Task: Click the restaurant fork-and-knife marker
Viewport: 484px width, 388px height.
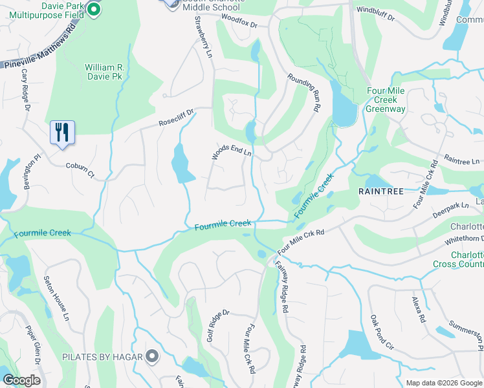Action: (62, 133)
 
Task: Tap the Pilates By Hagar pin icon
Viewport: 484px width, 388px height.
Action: (152, 356)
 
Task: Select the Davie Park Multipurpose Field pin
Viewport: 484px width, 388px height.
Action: (93, 10)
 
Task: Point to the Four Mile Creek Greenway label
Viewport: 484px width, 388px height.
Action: (386, 100)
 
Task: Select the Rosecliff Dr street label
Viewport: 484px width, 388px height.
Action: (177, 117)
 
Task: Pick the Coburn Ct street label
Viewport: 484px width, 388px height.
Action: (80, 169)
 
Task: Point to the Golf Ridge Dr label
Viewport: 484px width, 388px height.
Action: (218, 326)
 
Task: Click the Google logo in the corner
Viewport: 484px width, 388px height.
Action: (22, 381)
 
